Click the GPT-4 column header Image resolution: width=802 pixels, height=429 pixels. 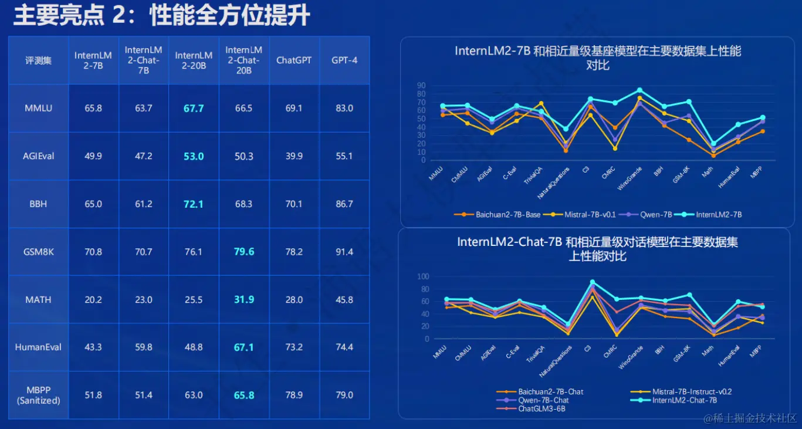pos(344,60)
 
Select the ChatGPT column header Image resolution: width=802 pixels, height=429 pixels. pos(294,60)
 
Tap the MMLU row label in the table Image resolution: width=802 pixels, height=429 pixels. pos(38,109)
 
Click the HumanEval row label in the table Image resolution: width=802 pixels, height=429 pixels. pos(38,347)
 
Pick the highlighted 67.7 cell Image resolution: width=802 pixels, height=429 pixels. pos(194,109)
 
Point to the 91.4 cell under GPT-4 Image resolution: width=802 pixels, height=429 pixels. pos(344,252)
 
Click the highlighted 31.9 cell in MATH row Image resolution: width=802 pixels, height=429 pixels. pos(244,300)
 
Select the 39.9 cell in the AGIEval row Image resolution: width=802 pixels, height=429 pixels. pos(294,156)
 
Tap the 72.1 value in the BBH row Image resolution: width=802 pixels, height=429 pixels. pos(194,204)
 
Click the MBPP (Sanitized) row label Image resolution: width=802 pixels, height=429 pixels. pos(38,396)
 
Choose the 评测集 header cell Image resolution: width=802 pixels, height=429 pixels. pos(38,60)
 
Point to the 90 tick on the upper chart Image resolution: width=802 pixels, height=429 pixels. pos(421,86)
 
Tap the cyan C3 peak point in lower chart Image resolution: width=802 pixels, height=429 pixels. pos(592,282)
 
